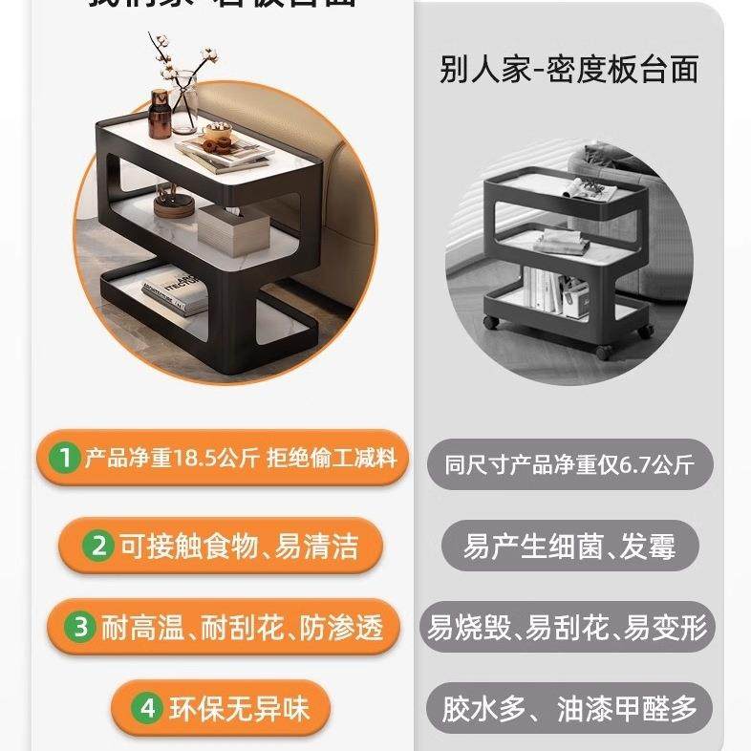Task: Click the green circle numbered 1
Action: point(65,459)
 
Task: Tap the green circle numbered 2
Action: point(98,546)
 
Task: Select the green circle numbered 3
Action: point(82,627)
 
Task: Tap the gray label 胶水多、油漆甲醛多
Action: point(570,709)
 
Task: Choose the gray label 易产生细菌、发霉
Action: point(569,547)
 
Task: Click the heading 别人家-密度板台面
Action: point(569,70)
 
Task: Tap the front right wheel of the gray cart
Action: point(602,352)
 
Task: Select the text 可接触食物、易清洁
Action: point(238,546)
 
